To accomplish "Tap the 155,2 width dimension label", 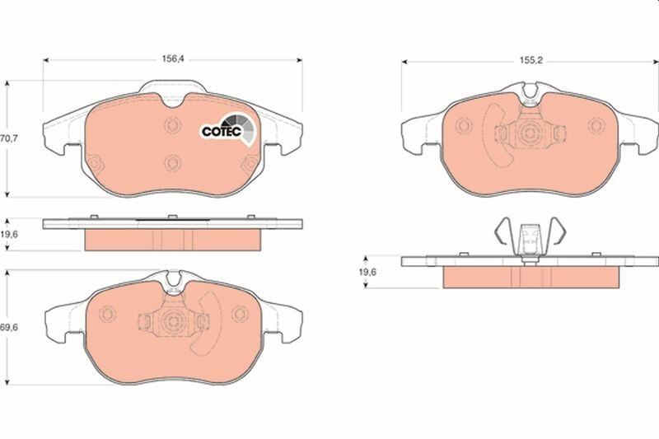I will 530,60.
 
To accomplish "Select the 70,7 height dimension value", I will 9,139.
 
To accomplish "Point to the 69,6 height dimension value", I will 9,327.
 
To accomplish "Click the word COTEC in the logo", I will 220,130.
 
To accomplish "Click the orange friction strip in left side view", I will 173,240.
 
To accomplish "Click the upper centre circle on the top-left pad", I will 172,125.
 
